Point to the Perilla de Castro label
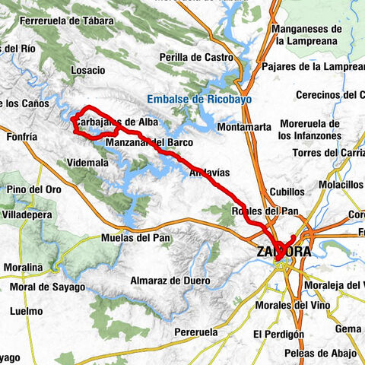pos(195,57)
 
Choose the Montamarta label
pos(243,127)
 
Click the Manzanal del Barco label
pos(149,141)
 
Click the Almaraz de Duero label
pos(170,281)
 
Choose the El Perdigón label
pos(279,333)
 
